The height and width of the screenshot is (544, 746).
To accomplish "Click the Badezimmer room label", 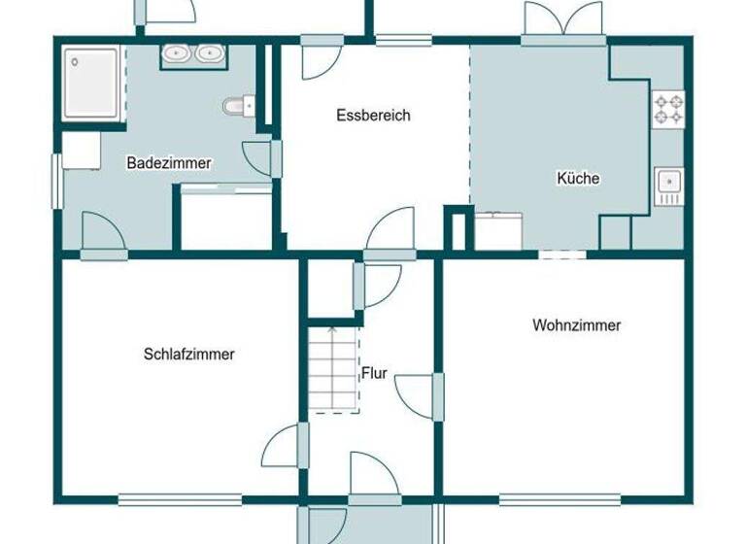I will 169,163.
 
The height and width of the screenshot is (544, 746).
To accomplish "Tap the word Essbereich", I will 373,115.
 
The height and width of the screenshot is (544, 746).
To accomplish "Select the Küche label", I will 578,178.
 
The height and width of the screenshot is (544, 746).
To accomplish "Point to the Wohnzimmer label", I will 576,325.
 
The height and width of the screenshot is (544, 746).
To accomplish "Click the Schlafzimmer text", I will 188,355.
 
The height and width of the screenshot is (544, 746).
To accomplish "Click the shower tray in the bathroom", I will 93,85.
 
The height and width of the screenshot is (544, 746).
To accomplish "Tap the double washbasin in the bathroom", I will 191,54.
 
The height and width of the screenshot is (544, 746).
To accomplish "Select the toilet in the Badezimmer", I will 236,105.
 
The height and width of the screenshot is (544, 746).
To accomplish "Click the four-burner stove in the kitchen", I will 667,108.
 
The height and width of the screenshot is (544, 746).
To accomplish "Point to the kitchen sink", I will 668,182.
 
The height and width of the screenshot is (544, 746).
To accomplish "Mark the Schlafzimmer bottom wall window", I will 180,500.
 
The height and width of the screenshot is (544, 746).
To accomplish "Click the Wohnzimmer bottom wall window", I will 559,500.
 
